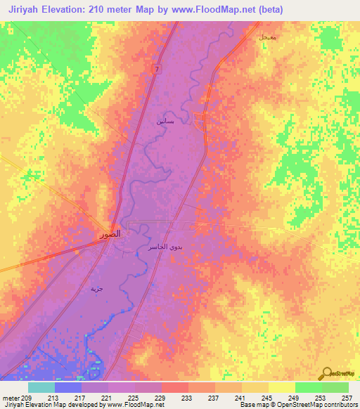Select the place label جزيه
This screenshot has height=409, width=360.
click(96, 289)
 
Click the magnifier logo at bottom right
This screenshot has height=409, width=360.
click(328, 372)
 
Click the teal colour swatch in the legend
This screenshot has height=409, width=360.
click(41, 387)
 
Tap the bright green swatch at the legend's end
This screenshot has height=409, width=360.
click(335, 387)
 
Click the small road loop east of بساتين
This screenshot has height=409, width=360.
click(200, 123)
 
